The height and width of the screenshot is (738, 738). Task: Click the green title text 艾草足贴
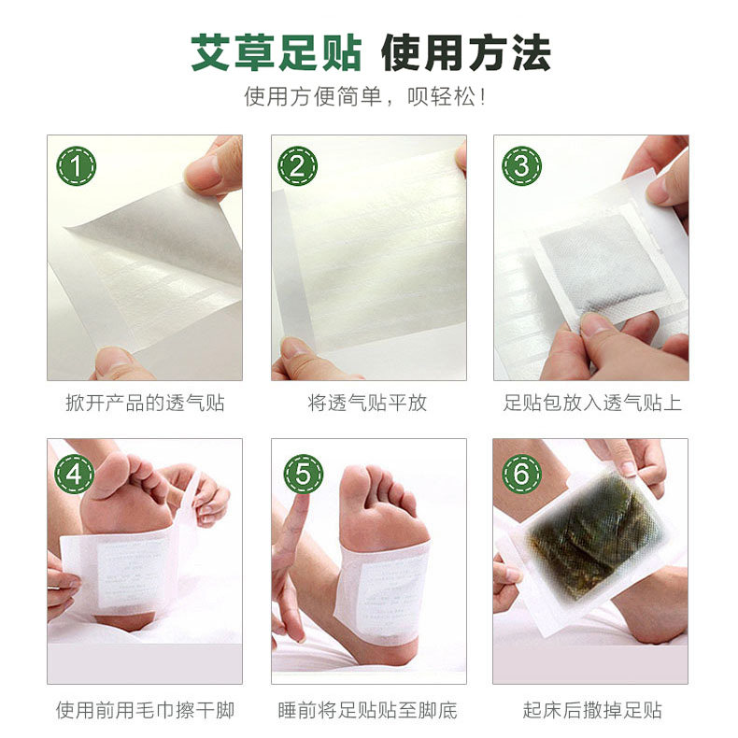coord(276,52)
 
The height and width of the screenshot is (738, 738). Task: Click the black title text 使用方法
coord(465,52)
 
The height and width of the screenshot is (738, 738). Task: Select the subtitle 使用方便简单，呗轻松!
coord(368,97)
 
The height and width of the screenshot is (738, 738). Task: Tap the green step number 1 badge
coord(76,166)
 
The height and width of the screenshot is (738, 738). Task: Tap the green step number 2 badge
coord(298,166)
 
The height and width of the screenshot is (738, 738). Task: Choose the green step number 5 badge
coord(303,474)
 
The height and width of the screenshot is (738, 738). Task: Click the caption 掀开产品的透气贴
coord(145,404)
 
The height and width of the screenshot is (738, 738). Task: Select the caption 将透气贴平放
coord(368,404)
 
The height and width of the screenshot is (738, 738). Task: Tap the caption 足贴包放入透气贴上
coord(591,404)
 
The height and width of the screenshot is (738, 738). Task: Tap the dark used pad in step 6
coord(594,542)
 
